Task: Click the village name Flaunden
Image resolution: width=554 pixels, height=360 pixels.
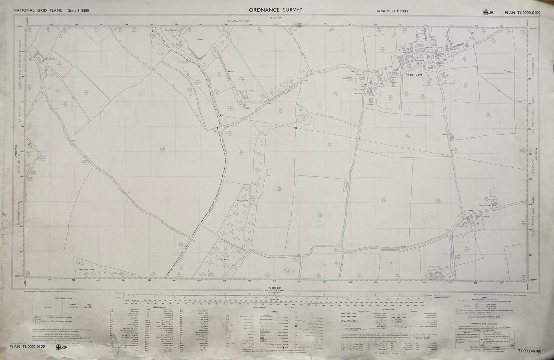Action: [411, 74]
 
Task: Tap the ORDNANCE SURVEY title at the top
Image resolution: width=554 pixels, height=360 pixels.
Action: [275, 10]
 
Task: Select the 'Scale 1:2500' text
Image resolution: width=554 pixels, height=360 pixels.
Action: [78, 10]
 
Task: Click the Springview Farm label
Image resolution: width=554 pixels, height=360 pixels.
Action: [249, 91]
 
